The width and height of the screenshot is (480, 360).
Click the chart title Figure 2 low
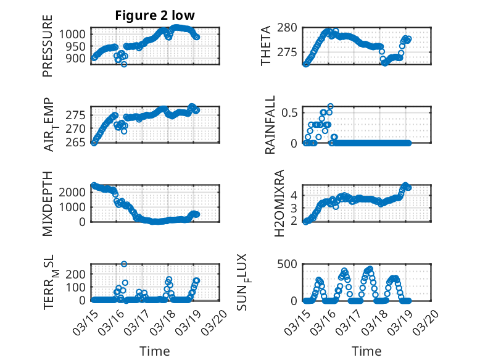point(155,16)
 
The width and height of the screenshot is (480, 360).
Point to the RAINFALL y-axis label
point(270,124)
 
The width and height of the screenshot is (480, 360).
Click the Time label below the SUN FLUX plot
point(366,351)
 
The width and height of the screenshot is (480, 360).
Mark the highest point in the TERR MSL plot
point(124,264)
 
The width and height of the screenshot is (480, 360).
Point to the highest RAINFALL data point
point(330,106)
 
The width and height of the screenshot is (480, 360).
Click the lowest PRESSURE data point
point(124,64)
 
